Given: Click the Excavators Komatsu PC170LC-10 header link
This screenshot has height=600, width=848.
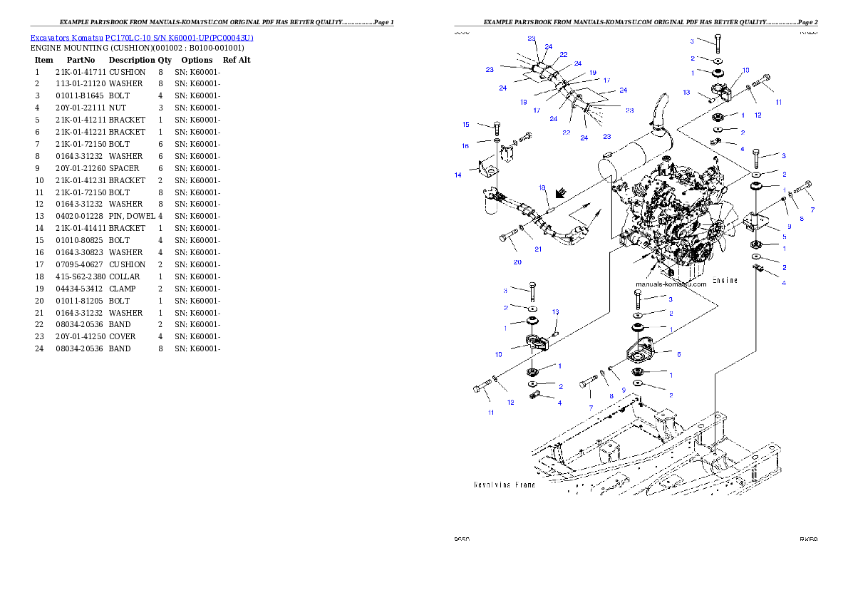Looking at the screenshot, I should pos(142,38).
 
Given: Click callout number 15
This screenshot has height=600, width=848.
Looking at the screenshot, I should pos(466,125).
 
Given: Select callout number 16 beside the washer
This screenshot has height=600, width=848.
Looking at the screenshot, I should pos(465,145).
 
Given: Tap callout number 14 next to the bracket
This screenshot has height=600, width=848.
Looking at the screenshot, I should pos(458,174).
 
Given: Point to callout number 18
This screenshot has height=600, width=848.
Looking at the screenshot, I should pos(542,188).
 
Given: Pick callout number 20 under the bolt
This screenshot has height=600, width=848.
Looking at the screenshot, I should pos(517,262).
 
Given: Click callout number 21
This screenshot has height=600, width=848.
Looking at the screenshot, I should pos(538,249).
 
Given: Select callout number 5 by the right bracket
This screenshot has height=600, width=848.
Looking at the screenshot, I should pos(783,237).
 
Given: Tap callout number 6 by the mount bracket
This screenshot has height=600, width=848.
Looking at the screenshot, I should pos(679,353).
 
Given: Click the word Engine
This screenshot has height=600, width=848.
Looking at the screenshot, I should pos(725,280).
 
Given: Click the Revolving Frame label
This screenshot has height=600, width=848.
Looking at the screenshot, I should pos(505,485).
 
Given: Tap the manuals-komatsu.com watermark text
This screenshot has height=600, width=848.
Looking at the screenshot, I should pos(671,284).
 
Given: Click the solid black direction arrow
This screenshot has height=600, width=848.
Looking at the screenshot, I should pos(562,192).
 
